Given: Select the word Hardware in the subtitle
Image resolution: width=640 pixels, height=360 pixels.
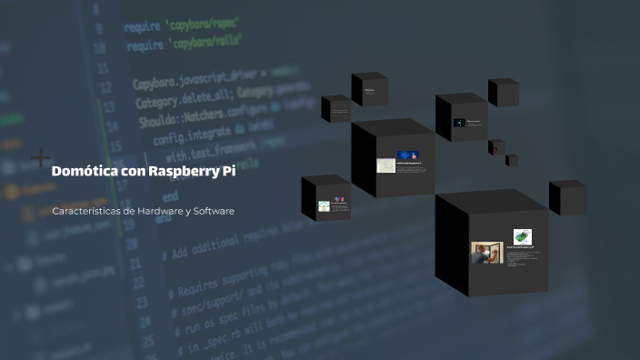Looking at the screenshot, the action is [164, 211].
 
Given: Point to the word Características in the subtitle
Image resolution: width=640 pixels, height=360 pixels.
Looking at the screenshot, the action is [88, 211].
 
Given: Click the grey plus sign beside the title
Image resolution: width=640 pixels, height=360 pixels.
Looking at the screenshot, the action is [41, 158].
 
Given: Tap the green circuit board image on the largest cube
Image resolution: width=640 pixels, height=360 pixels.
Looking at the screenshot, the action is [522, 236].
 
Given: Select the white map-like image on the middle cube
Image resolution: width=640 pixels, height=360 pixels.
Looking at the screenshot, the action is [386, 166].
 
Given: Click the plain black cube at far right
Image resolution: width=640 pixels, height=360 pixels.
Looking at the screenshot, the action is [566, 197].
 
